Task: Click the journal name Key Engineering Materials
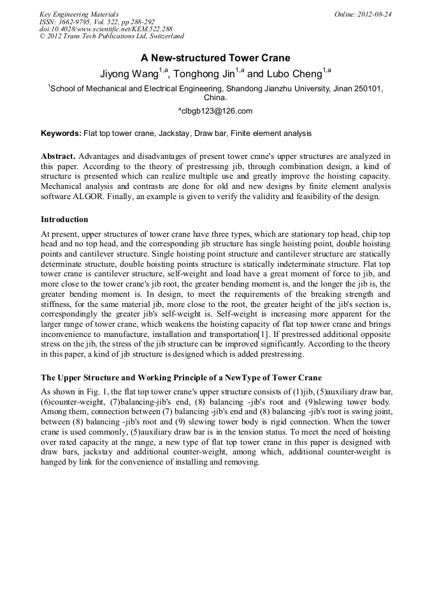(78, 13)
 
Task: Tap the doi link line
(106, 29)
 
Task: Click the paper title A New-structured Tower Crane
(215, 57)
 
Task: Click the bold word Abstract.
(58, 156)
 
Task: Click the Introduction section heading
(64, 220)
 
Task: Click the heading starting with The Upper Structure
(181, 377)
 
